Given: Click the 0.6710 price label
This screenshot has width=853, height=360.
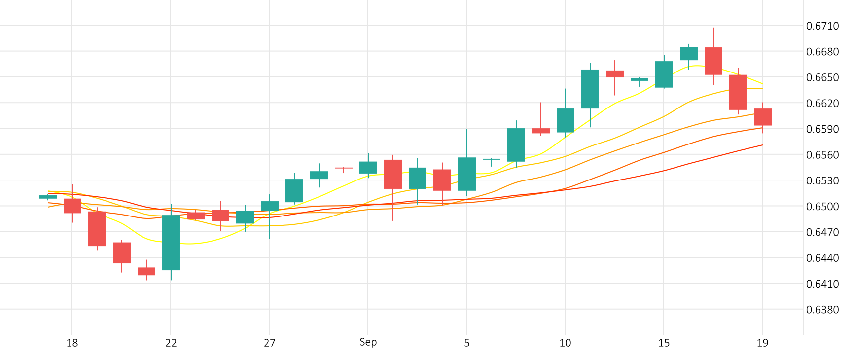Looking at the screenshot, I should (x=822, y=26).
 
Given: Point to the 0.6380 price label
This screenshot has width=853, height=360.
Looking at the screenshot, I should (x=822, y=310).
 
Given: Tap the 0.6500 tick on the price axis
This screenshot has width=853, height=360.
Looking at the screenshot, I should (x=822, y=207).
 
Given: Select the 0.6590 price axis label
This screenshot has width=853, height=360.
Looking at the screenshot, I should (x=822, y=129).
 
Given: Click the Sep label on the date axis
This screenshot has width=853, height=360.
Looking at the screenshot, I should (x=368, y=342).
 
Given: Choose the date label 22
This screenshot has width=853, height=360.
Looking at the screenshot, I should (x=171, y=343).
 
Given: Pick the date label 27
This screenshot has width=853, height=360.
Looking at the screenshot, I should (x=269, y=343).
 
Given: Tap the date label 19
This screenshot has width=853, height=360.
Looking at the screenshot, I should (x=762, y=343).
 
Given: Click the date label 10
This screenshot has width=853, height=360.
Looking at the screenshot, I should (x=565, y=343).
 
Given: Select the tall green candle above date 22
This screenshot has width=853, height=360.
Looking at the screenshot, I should (x=171, y=242).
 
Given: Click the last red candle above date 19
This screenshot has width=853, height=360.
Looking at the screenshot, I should (x=762, y=117).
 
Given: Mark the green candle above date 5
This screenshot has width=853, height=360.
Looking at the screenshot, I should (x=466, y=174).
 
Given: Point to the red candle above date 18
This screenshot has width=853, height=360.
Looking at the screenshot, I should (x=72, y=206).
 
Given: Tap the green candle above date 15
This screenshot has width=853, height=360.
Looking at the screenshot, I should (x=664, y=74).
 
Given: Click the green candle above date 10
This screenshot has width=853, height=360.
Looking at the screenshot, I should (x=565, y=120).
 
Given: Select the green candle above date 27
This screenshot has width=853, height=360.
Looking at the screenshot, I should (x=269, y=206).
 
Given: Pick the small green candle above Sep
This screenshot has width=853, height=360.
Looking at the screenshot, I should (x=368, y=168).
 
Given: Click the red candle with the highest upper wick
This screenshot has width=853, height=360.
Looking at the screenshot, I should (x=713, y=61).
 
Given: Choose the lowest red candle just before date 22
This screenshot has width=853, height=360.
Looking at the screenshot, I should (x=146, y=271).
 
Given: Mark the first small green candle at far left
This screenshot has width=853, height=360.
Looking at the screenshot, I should (x=48, y=197).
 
